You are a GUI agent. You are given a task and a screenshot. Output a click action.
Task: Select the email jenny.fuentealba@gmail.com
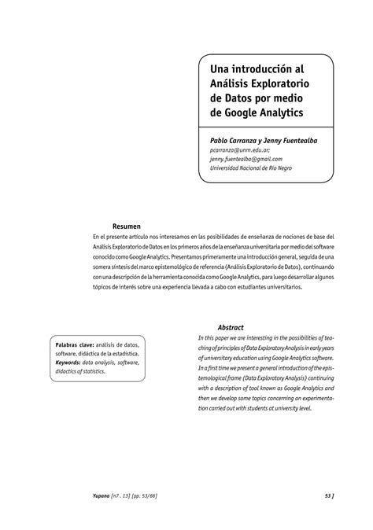[246, 158]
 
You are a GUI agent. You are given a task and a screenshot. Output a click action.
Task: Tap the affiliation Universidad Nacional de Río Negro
[257, 167]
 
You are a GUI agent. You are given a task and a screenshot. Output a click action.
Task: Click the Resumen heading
[126, 226]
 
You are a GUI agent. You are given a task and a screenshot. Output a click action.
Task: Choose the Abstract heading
[231, 327]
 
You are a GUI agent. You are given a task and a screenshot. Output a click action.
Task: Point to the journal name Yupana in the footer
[102, 495]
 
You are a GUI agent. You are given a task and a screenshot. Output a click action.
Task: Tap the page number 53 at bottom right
[327, 495]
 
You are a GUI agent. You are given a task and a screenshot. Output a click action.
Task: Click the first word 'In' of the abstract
[201, 337]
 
